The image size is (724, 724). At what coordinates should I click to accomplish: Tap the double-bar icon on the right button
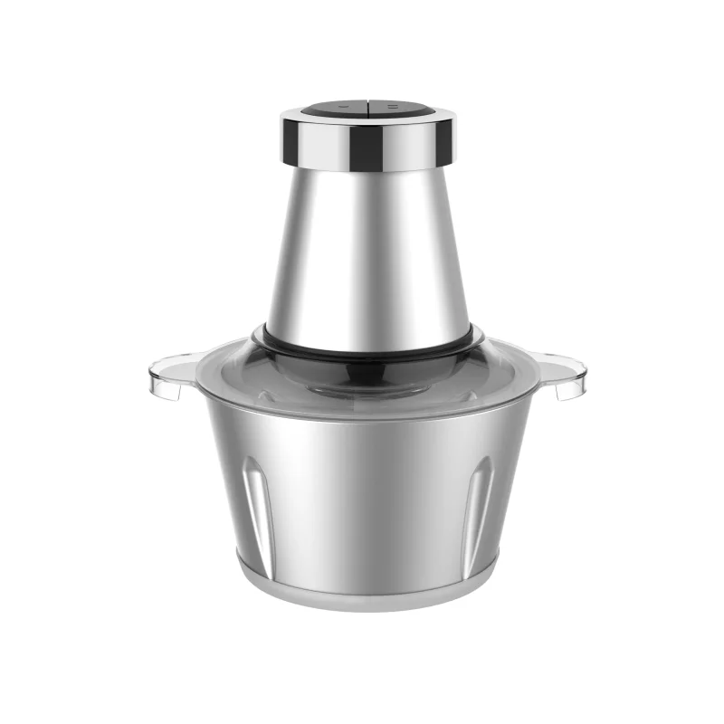tap(391, 108)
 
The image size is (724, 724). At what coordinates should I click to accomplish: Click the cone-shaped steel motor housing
tap(367, 244)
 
